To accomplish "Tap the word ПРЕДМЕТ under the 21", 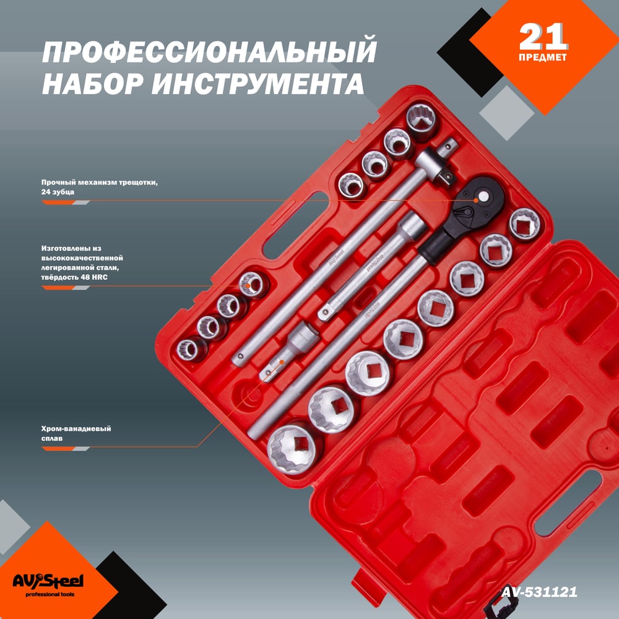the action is pyautogui.click(x=543, y=57).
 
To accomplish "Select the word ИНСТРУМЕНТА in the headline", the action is pyautogui.click(x=258, y=83).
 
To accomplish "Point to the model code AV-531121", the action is pyautogui.click(x=539, y=592).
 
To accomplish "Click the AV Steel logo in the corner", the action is pyautogui.click(x=48, y=581).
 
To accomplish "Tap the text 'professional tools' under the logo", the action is pyautogui.click(x=50, y=594).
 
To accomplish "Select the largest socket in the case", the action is pyautogui.click(x=294, y=448).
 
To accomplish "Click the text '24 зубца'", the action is pyautogui.click(x=58, y=193).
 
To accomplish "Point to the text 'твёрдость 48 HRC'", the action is pyautogui.click(x=74, y=277).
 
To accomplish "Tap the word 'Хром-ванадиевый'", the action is pyautogui.click(x=76, y=429).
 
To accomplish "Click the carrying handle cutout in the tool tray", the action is pyautogui.click(x=293, y=227).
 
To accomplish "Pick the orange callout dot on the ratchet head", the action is pyautogui.click(x=476, y=201).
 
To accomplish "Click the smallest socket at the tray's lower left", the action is pyautogui.click(x=191, y=349).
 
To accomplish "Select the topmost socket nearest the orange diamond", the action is pyautogui.click(x=422, y=121).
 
